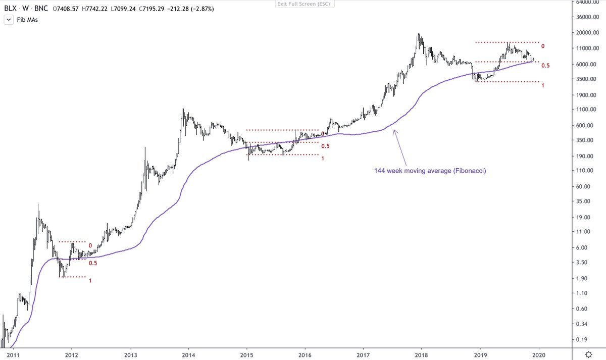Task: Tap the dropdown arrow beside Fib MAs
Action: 9,20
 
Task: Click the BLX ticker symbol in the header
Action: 10,8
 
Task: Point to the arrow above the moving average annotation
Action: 400,146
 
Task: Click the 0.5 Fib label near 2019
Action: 545,66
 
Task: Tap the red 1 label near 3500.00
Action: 542,86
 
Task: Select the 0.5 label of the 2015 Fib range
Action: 326,146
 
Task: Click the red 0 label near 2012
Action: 90,246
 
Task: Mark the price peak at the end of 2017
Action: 419,34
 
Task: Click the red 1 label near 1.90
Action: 90,281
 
